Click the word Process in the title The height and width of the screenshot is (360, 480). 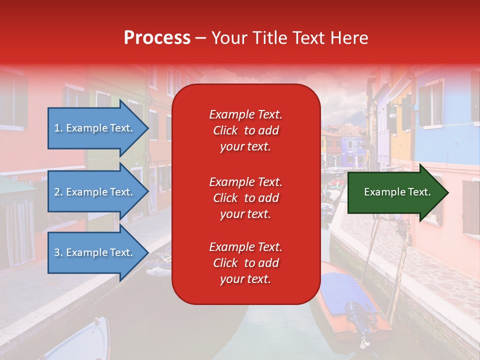click(x=157, y=38)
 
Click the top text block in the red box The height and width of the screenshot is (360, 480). click(x=245, y=130)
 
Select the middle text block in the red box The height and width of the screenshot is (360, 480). click(x=245, y=198)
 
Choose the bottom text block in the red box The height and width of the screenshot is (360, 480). click(x=245, y=263)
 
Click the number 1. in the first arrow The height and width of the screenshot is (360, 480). click(x=58, y=128)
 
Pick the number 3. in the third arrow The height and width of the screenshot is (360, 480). click(x=58, y=253)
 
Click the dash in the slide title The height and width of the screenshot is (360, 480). click(x=200, y=38)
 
